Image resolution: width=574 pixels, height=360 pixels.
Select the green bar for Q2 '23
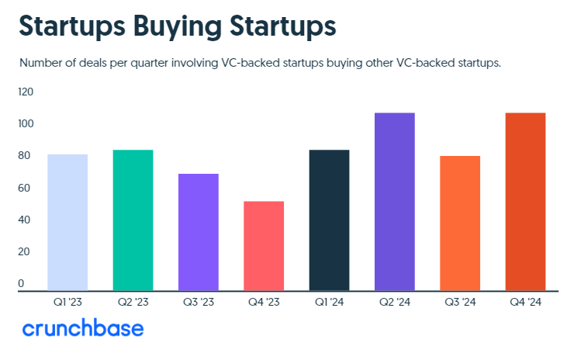pos(133,220)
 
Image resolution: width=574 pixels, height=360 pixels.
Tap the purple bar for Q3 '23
pos(199,232)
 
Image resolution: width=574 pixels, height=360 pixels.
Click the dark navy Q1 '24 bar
pos(329,220)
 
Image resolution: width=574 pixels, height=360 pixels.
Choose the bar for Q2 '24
pos(395,202)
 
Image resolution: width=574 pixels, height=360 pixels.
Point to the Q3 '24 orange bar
pos(460,223)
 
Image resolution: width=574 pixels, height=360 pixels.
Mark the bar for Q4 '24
pos(525,202)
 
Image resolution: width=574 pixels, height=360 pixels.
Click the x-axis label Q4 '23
pos(264,302)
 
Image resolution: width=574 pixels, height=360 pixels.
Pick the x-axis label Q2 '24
pos(395,302)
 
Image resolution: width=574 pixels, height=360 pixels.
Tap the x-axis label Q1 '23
pos(67,302)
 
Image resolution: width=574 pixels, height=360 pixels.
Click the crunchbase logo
pos(83,328)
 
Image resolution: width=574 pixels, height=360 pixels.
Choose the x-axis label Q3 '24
pos(460,302)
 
